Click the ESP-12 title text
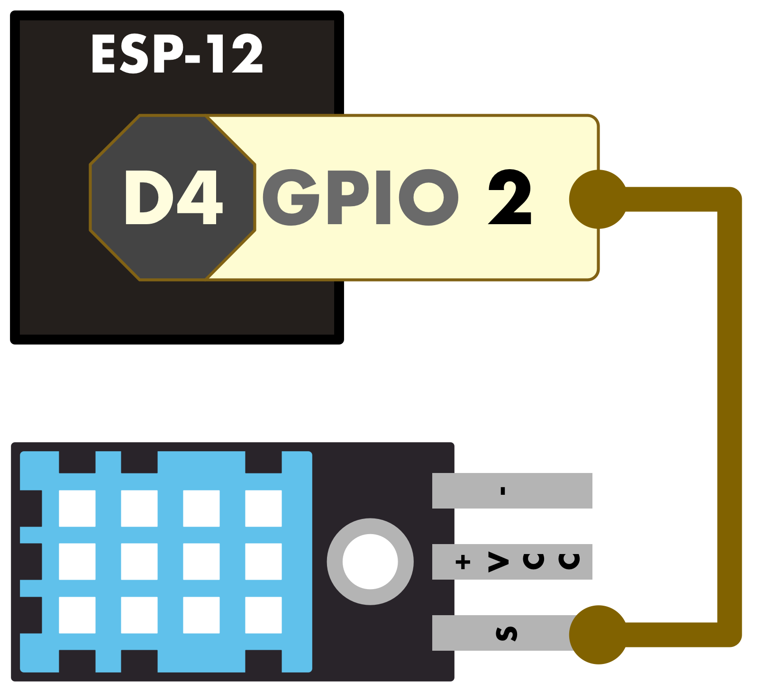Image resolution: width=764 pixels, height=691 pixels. coord(177,54)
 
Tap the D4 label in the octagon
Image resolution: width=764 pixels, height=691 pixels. coord(173,197)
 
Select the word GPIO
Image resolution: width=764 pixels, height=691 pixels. coord(360,197)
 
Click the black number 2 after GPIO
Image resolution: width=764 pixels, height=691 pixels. coord(510,197)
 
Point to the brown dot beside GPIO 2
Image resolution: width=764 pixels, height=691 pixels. coord(599,199)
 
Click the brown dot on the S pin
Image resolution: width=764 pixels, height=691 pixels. coord(599,635)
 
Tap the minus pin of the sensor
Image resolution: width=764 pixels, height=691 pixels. coord(512,491)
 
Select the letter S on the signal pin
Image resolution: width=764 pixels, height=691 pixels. coord(506,634)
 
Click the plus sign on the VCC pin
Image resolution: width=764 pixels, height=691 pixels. coord(463,562)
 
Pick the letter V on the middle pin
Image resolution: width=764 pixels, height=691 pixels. coord(499,562)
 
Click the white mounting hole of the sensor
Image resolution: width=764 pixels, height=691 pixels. coord(370,562)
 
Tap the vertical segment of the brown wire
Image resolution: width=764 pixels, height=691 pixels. coord(729,417)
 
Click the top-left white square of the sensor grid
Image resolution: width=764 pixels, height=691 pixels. coord(77,509)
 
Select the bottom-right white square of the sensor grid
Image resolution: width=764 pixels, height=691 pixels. coord(264,615)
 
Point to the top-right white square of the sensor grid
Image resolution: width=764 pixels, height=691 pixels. coord(264,509)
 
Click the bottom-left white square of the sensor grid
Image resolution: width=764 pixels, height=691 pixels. coord(77,615)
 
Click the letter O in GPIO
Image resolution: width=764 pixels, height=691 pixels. coord(429,197)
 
